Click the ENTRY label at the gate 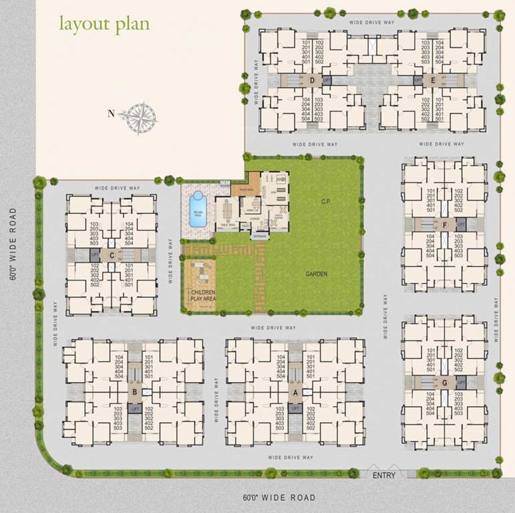pyautogui.click(x=384, y=476)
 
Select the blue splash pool pyautogui.click(x=197, y=208)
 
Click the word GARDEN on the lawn pyautogui.click(x=316, y=273)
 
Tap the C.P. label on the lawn pyautogui.click(x=326, y=201)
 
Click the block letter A pyautogui.click(x=295, y=393)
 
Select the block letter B pyautogui.click(x=135, y=393)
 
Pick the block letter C pyautogui.click(x=112, y=254)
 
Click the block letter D pyautogui.click(x=313, y=80)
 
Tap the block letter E pyautogui.click(x=434, y=80)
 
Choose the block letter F pyautogui.click(x=445, y=225)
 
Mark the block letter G pyautogui.click(x=445, y=383)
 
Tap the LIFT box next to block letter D pyautogui.click(x=327, y=80)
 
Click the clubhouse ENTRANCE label pyautogui.click(x=260, y=236)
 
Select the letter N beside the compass pyautogui.click(x=112, y=114)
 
